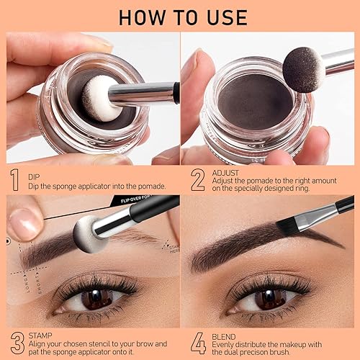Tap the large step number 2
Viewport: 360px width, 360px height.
point(197,179)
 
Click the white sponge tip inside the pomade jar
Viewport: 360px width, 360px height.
point(100,98)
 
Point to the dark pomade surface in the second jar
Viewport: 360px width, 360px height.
point(258,104)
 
